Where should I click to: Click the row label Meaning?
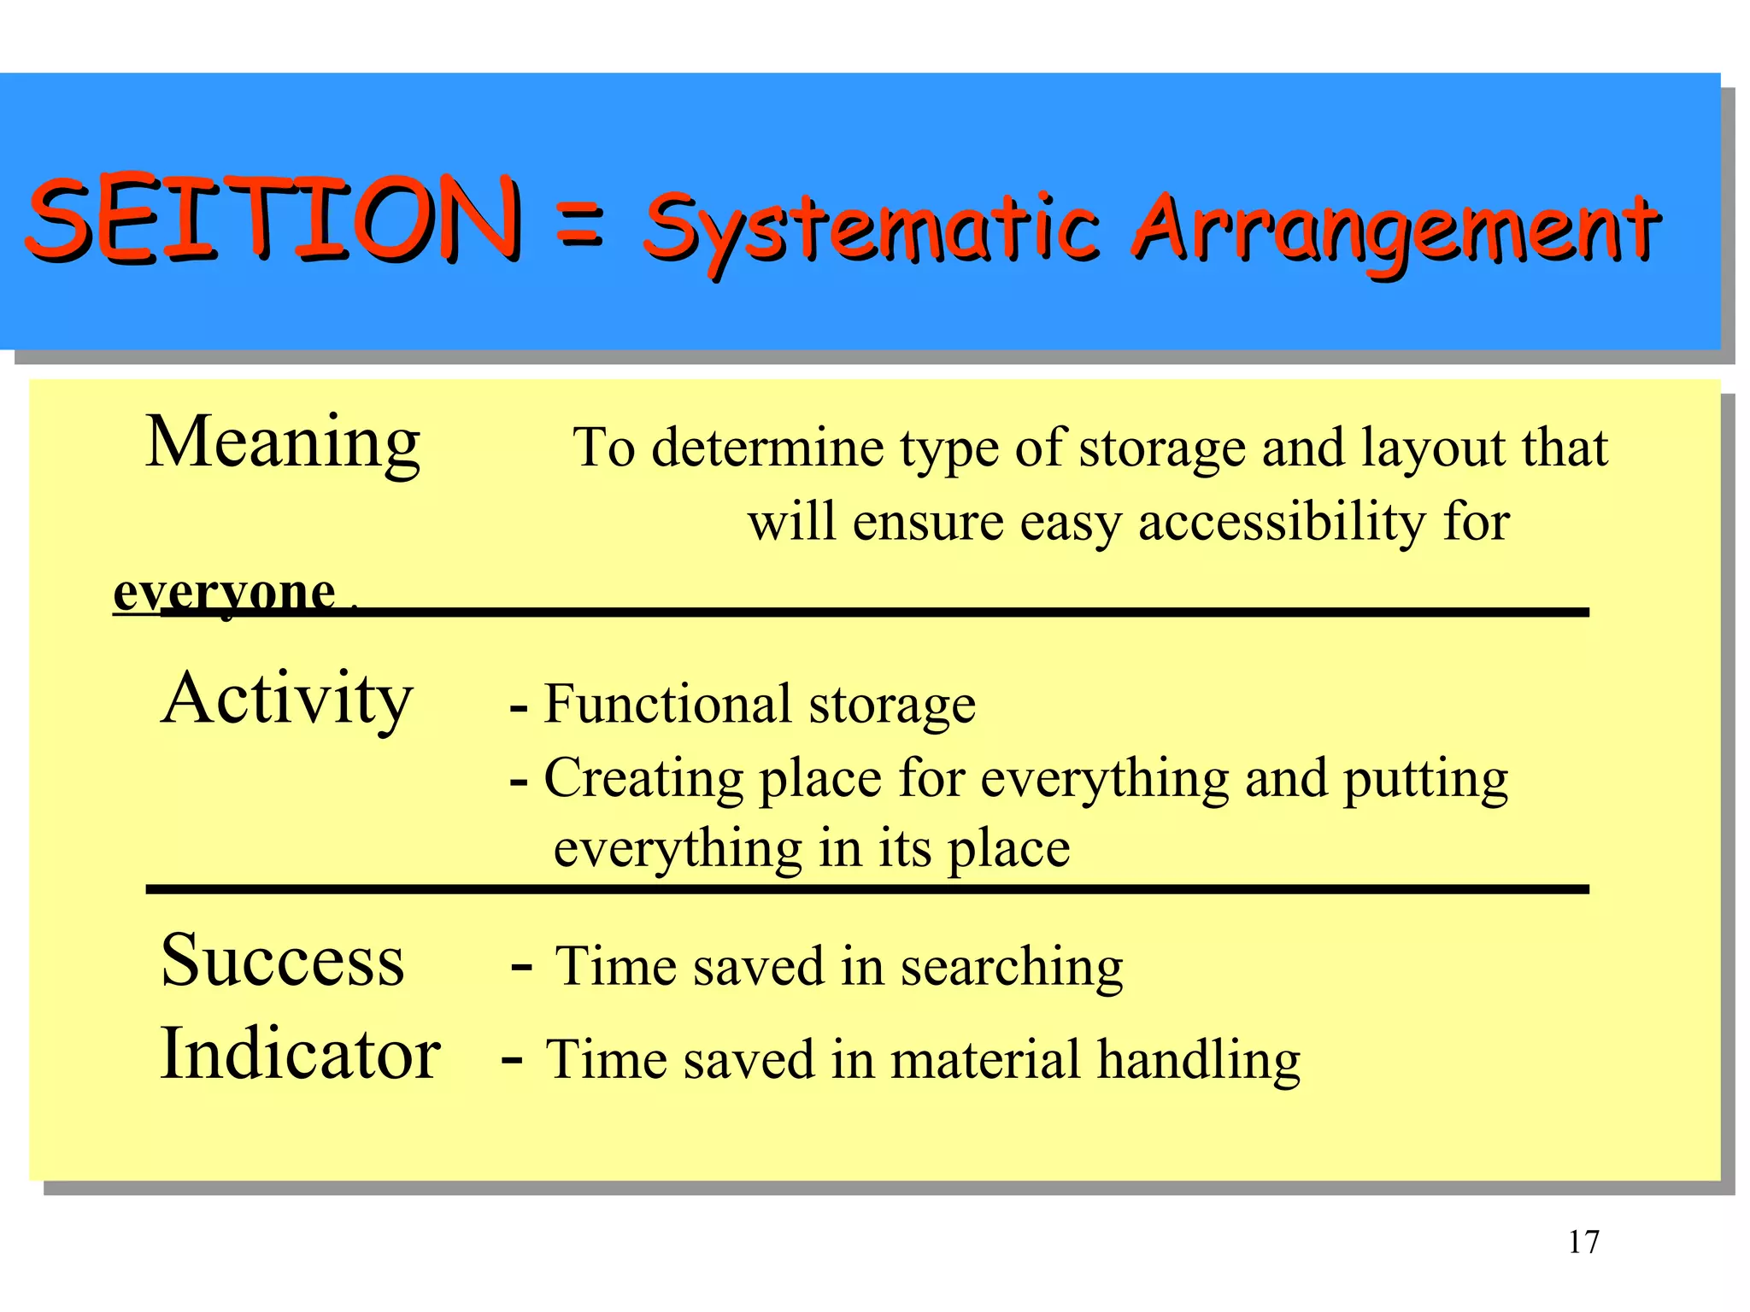(x=283, y=442)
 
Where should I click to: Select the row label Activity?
(x=287, y=699)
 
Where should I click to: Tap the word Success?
(x=283, y=960)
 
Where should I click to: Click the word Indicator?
(x=300, y=1054)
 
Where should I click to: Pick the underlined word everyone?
(x=225, y=592)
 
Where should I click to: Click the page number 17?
(x=1583, y=1241)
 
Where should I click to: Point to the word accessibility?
(x=1282, y=522)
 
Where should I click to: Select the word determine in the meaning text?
(x=766, y=448)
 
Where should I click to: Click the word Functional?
(x=668, y=705)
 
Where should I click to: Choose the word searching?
(x=1012, y=968)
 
